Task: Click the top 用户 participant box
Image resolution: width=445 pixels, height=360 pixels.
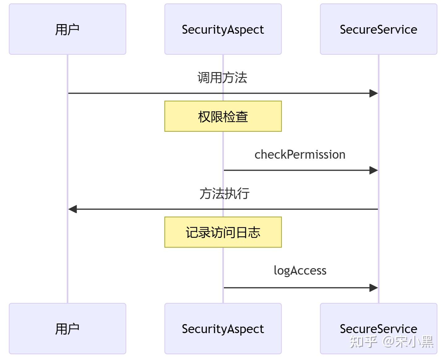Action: pos(67,29)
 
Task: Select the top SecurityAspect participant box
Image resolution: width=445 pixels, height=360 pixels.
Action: pos(223,29)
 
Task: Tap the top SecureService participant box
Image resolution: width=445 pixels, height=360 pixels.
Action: pos(378,29)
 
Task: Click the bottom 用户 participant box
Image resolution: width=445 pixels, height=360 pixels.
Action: pos(67,328)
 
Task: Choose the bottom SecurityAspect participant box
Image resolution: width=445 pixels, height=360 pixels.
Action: pos(223,328)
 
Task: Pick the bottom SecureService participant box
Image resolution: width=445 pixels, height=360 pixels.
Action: pos(378,322)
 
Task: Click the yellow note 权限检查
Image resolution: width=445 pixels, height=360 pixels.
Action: pos(223,116)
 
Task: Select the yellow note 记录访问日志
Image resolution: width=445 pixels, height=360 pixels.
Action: pos(223,232)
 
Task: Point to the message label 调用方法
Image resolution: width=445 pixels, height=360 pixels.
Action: pos(222,77)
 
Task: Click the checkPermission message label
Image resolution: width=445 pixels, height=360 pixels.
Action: pos(300,154)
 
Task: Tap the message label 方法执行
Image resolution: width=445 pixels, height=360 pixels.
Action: pos(224,193)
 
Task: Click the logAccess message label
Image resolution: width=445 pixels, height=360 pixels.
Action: pos(300,270)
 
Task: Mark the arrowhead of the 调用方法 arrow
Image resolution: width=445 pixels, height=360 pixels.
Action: pos(374,93)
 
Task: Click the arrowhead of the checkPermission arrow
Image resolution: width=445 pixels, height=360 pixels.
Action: pos(374,170)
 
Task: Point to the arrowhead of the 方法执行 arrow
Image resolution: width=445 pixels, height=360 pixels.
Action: pos(73,209)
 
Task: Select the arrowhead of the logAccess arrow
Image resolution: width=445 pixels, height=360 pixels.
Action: pos(374,288)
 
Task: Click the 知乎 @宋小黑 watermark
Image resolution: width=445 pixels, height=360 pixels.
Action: pos(392,342)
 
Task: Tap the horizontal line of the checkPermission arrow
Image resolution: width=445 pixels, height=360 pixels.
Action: pos(294,170)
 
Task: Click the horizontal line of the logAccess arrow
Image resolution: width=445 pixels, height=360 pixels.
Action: pos(294,288)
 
